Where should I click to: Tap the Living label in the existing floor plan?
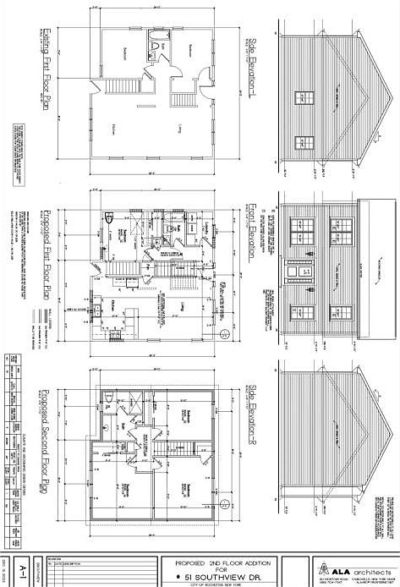(x=180, y=127)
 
